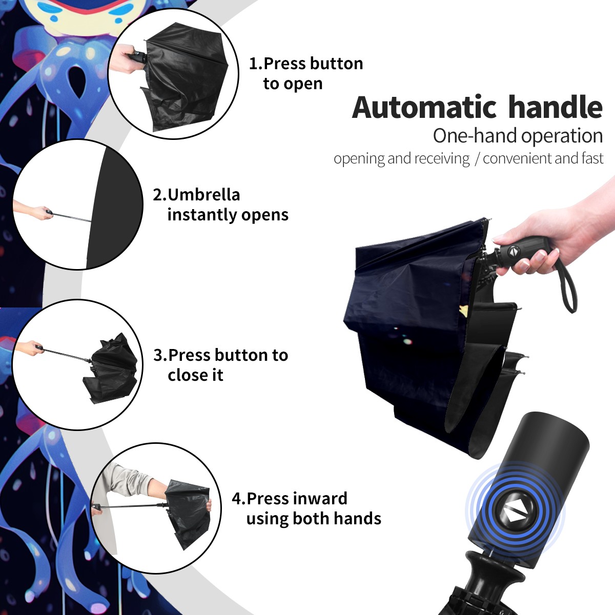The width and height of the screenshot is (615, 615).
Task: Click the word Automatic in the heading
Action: pos(424,107)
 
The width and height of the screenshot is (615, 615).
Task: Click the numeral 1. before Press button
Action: pos(255,64)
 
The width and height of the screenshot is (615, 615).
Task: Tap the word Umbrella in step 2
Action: pos(204,194)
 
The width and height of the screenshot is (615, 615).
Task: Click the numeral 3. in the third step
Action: pos(160,355)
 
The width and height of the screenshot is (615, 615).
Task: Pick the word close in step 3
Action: pos(187,375)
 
